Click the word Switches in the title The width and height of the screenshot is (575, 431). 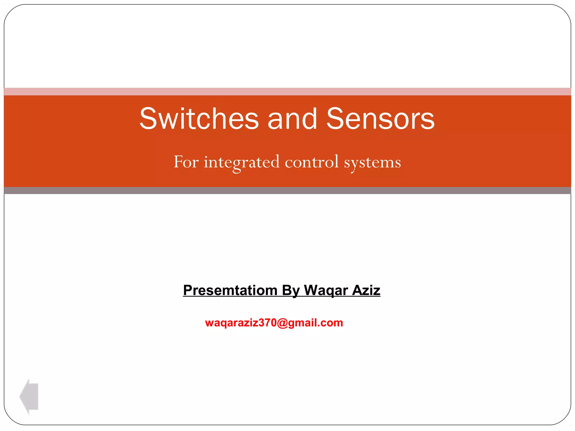point(199,119)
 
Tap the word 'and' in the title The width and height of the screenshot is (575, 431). point(292,119)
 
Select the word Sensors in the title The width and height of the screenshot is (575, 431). point(380,119)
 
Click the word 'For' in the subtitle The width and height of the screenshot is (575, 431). point(186,162)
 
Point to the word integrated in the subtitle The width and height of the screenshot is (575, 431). point(242,162)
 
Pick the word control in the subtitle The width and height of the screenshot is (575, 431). point(312,162)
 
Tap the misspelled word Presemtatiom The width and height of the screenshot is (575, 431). point(230,290)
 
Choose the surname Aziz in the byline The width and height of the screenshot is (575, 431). point(366,290)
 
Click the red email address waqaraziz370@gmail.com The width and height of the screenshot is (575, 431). point(274,323)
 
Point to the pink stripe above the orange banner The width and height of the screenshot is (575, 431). point(287,91)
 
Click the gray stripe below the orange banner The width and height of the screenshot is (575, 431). point(287,191)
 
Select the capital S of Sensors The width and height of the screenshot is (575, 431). point(336,119)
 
